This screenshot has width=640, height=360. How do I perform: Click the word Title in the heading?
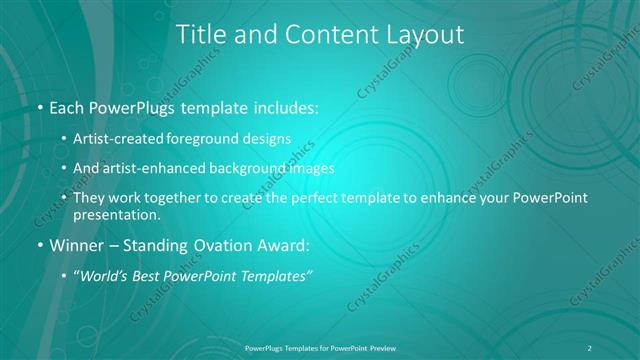pyautogui.click(x=201, y=35)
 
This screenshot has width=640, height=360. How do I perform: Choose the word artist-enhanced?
pyautogui.click(x=164, y=168)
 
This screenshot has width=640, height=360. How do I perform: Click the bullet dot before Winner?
pyautogui.click(x=39, y=245)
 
